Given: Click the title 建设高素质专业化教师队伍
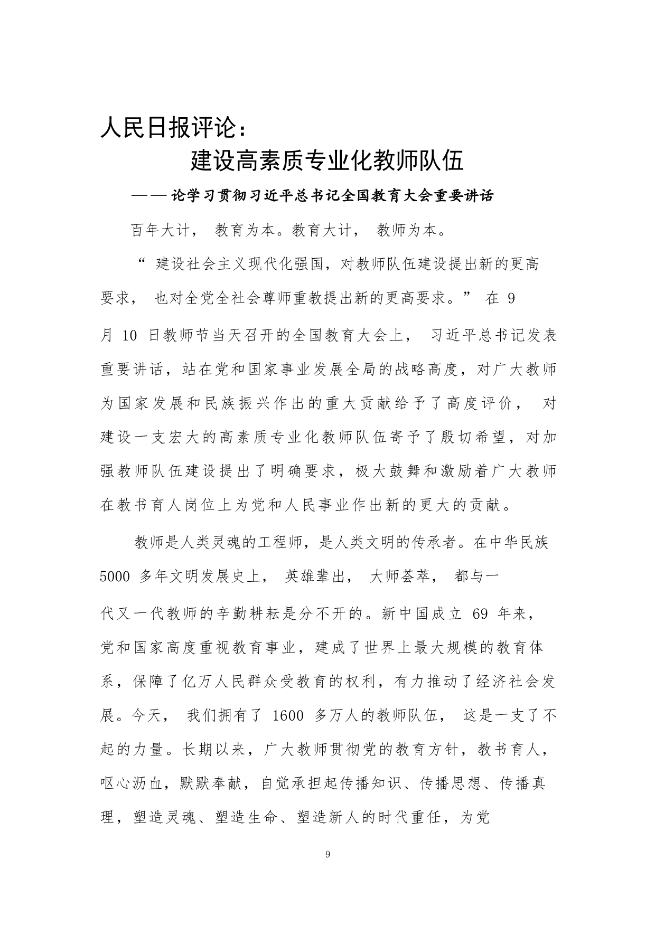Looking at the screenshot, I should coord(327,160).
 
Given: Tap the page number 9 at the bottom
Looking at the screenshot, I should coord(328,855).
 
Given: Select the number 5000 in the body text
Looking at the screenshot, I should coord(115,577).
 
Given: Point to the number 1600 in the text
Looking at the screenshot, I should coord(286,716).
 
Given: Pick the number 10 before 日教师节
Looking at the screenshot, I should coord(129,336).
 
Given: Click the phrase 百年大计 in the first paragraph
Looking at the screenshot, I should coord(164,231).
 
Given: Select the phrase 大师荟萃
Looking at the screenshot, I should coord(404,577).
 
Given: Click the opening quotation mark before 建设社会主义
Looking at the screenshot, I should coord(141,262).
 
